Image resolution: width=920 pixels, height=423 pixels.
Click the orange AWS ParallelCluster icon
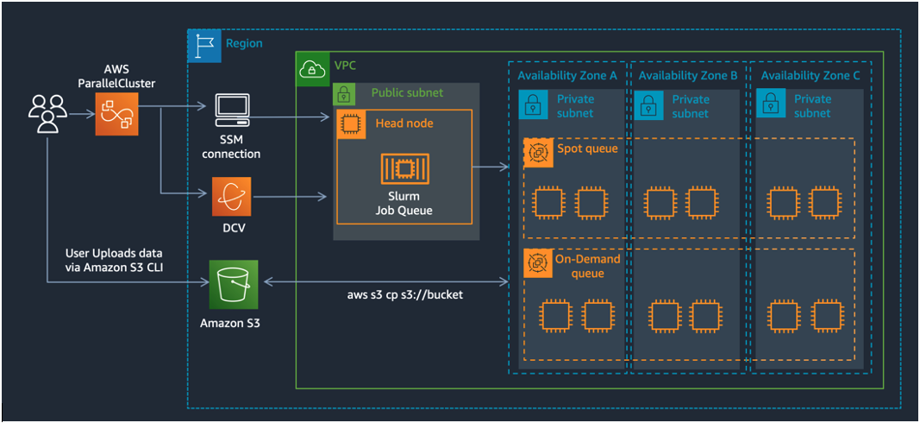tap(116, 114)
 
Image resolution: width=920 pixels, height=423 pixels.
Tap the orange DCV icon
tap(231, 198)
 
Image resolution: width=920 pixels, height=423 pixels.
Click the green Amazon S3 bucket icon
tap(231, 282)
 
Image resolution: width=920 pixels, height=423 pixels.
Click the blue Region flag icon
tap(203, 44)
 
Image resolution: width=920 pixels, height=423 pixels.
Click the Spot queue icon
tap(537, 153)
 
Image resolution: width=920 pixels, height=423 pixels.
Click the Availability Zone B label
tap(687, 76)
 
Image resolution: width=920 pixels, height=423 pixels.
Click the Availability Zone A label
tap(567, 76)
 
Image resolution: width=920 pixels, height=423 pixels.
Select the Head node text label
tap(404, 123)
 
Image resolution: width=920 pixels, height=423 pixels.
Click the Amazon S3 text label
tap(230, 323)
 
